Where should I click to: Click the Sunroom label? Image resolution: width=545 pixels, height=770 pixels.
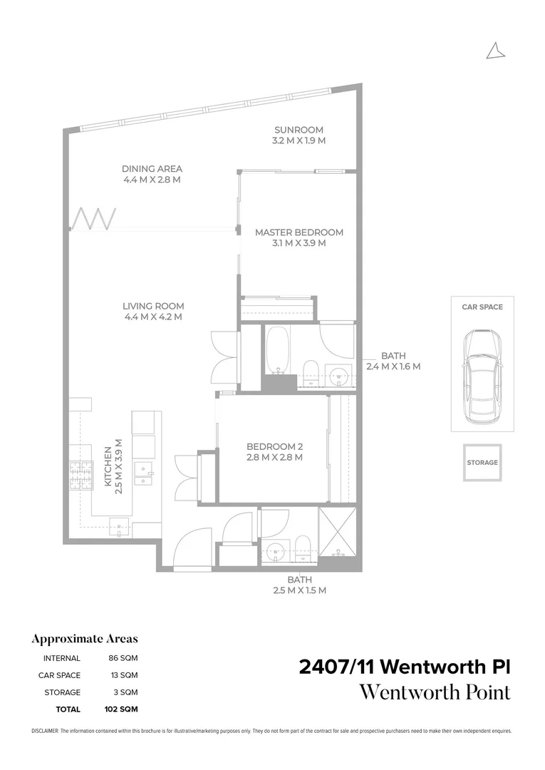(299, 130)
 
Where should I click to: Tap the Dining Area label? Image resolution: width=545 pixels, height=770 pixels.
(152, 169)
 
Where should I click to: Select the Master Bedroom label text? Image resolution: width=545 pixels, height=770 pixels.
(299, 232)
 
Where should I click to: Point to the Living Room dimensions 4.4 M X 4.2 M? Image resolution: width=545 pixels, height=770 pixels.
(152, 317)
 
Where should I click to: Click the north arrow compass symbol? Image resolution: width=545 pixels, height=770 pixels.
(495, 51)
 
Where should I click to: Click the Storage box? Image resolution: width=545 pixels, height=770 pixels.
(482, 463)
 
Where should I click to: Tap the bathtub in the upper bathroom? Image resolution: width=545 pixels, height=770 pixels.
(277, 350)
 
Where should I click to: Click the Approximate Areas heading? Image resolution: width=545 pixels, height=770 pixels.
(85, 639)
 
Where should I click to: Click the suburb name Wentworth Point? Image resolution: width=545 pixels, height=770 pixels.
(435, 692)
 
